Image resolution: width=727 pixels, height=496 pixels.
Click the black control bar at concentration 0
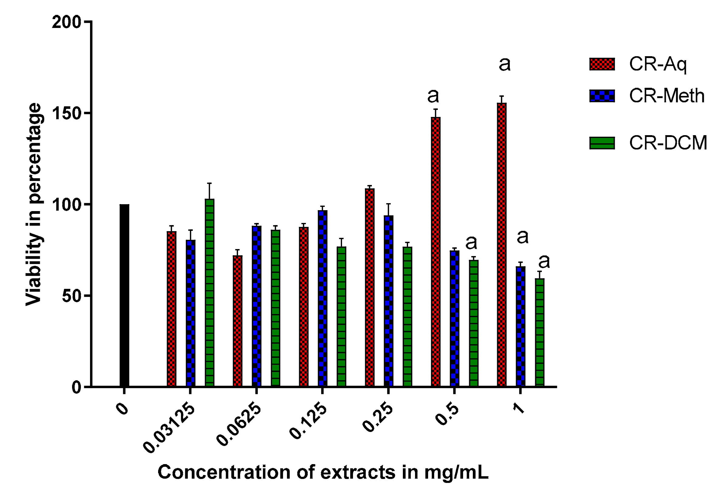(x=124, y=295)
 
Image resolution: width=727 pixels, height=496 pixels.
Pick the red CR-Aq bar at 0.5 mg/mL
(x=435, y=251)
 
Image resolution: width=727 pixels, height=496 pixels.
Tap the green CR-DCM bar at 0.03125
(x=209, y=292)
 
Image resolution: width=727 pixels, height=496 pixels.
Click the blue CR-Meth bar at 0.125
(x=323, y=298)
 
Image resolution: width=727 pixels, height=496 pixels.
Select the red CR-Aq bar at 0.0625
(x=237, y=321)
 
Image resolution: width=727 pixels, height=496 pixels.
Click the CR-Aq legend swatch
(x=602, y=64)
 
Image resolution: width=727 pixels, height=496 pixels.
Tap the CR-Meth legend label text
(x=666, y=96)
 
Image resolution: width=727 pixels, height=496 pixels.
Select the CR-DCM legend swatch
(x=602, y=143)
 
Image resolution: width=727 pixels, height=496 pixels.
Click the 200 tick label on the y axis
(x=66, y=22)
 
